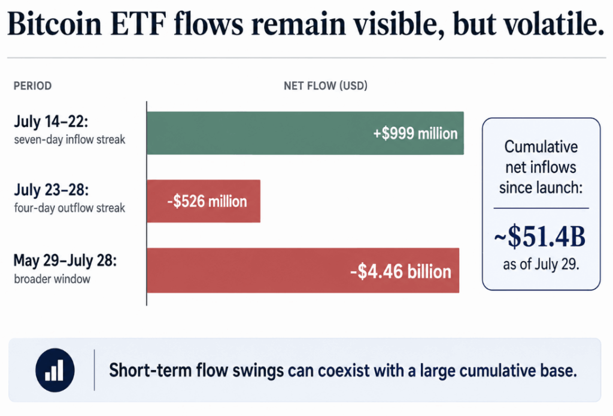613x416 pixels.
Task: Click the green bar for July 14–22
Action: [x=305, y=133]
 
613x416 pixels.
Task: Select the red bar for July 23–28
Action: [x=204, y=201]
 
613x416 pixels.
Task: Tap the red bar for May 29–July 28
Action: [x=303, y=270]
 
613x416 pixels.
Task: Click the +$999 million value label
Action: [x=415, y=133]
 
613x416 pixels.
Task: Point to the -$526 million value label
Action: [x=207, y=202]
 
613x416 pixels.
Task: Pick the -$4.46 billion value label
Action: [x=400, y=271]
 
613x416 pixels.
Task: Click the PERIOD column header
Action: [x=32, y=86]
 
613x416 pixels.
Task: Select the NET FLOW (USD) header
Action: [x=326, y=86]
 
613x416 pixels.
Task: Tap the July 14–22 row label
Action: [x=51, y=122]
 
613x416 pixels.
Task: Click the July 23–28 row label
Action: [x=51, y=190]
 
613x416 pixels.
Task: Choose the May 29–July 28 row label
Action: [x=65, y=260]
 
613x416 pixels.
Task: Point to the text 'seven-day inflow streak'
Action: [x=69, y=139]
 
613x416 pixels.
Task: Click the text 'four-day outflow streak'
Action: [x=69, y=208]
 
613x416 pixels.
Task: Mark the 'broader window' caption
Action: [x=52, y=279]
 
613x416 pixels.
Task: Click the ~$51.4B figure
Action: [x=540, y=236]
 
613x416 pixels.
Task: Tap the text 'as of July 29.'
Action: [x=541, y=265]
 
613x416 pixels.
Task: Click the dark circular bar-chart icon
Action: [x=54, y=370]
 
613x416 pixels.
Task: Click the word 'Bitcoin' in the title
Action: [x=54, y=23]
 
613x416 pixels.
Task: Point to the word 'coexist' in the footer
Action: [x=344, y=371]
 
